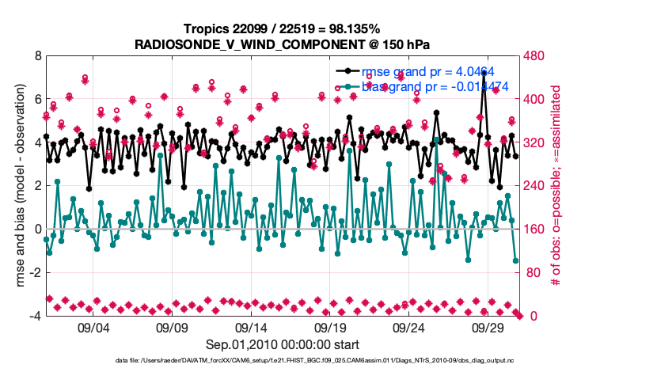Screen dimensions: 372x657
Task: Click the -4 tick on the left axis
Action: click(35, 316)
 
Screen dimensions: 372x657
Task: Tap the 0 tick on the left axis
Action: click(37, 230)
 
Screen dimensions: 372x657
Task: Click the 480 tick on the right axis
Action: click(532, 57)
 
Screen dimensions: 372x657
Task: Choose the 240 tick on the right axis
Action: click(532, 186)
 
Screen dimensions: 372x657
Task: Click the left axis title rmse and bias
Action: click(17, 186)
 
